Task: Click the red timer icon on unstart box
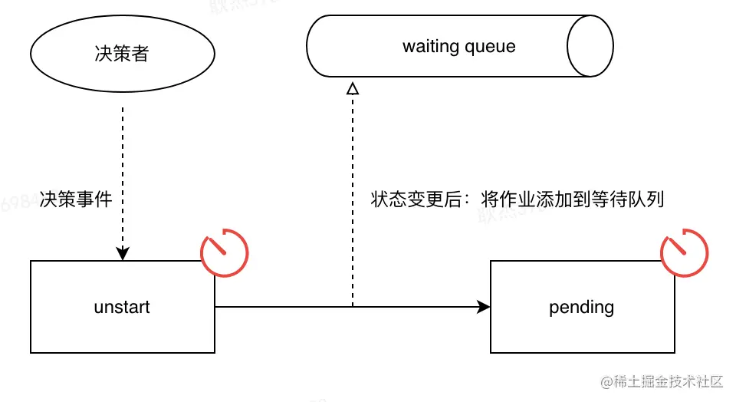pyautogui.click(x=225, y=252)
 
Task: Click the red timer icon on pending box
pyautogui.click(x=685, y=252)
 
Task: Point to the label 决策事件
pyautogui.click(x=77, y=200)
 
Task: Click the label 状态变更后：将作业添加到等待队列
pyautogui.click(x=517, y=200)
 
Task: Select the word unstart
pyautogui.click(x=122, y=308)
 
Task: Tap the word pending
pyautogui.click(x=582, y=308)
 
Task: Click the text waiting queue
pyautogui.click(x=458, y=46)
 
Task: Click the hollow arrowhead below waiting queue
pyautogui.click(x=352, y=88)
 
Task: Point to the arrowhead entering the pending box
pyautogui.click(x=484, y=307)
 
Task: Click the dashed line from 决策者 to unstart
pyautogui.click(x=123, y=153)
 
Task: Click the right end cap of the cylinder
pyautogui.click(x=590, y=46)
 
